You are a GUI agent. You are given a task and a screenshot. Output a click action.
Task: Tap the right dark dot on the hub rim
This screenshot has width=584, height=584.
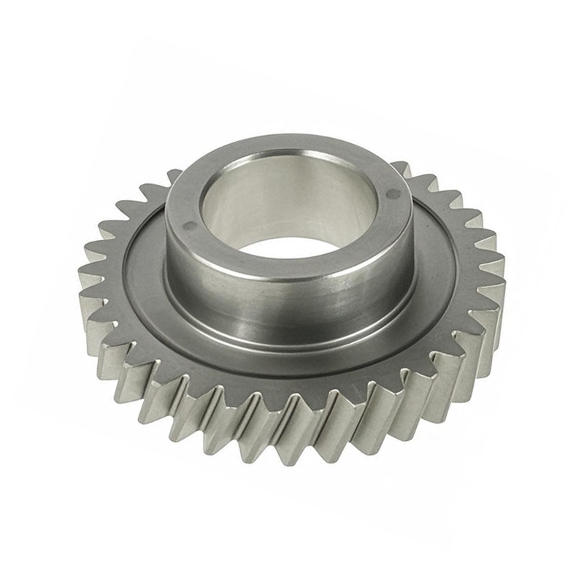[395, 194]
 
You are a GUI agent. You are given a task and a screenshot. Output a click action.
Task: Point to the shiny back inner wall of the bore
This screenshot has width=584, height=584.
[292, 186]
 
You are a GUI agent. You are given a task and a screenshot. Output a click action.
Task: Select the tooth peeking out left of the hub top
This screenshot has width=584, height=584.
[172, 176]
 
